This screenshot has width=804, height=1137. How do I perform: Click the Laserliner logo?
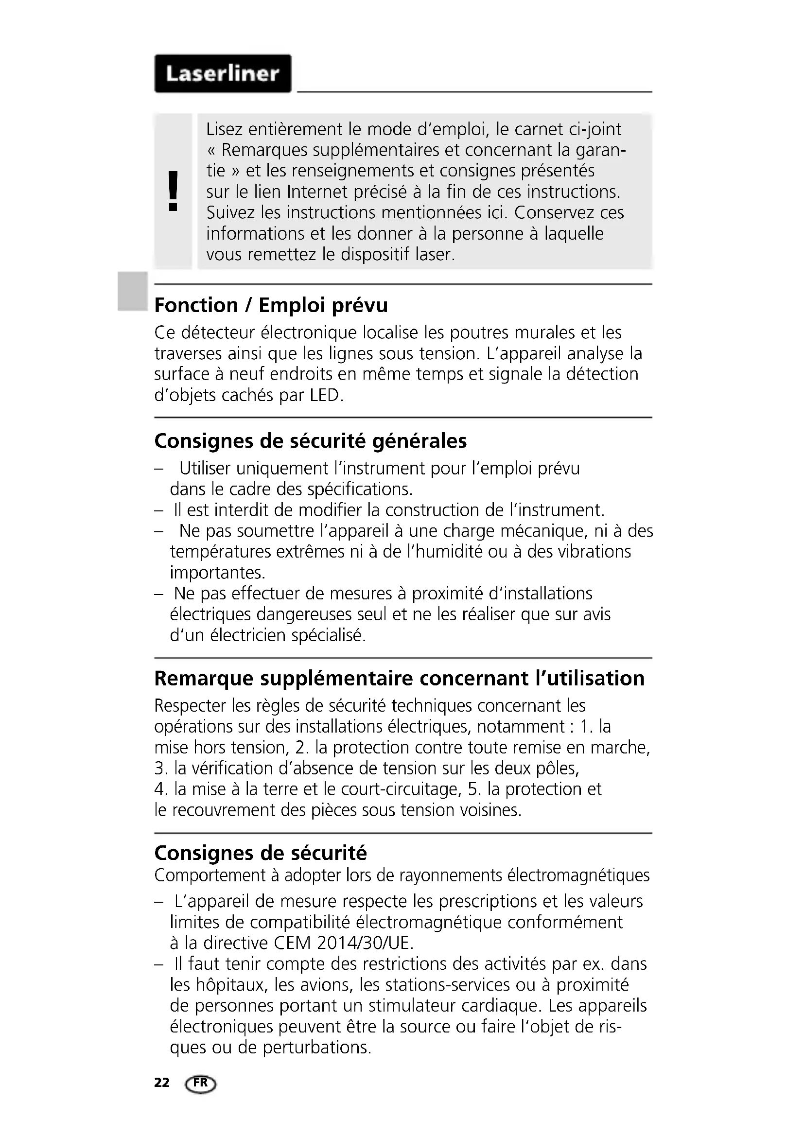[223, 74]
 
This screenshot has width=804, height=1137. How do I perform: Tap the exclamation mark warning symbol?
[173, 191]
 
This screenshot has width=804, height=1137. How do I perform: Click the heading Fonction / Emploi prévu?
[271, 305]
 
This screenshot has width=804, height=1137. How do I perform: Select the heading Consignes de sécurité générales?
[311, 441]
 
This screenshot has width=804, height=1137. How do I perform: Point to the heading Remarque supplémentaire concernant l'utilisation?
[399, 679]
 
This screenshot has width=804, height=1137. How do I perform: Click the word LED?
[326, 396]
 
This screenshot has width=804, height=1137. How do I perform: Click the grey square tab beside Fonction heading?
[132, 291]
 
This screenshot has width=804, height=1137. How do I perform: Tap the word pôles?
[557, 769]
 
